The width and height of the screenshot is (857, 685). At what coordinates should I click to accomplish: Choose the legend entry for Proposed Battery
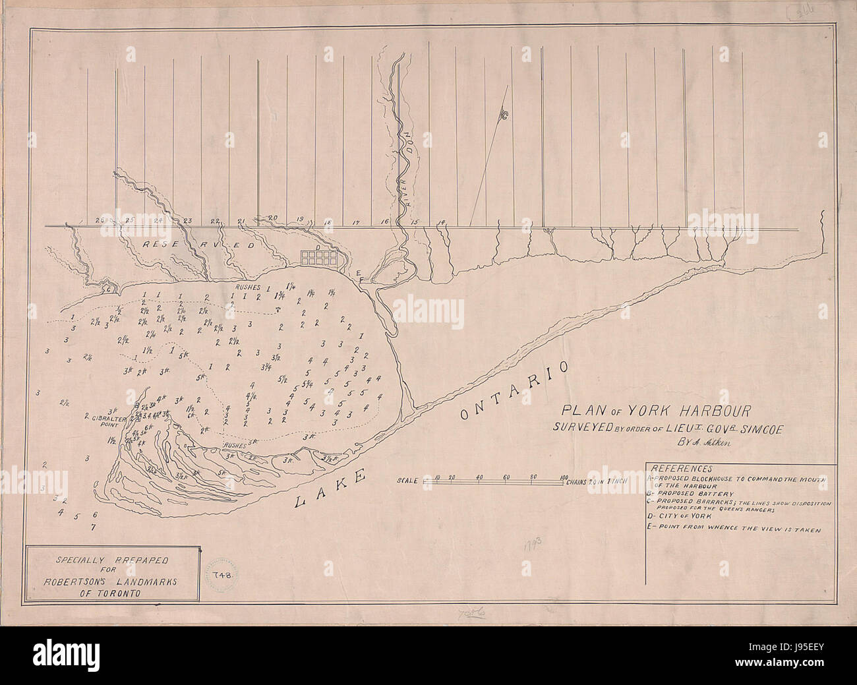click(x=690, y=492)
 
